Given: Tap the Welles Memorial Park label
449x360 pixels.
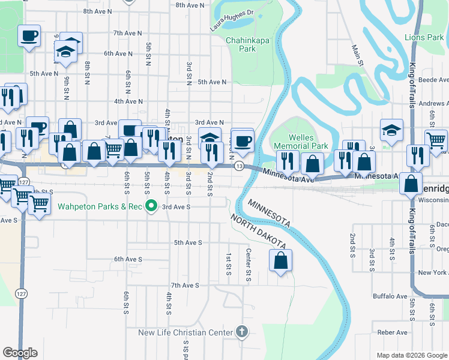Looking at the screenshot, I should click(x=301, y=142).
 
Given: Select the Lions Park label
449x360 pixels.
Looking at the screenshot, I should click(x=424, y=37).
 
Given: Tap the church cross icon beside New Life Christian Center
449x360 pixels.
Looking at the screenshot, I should click(x=241, y=332).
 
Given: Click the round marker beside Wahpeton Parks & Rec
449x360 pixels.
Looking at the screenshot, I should click(x=151, y=207).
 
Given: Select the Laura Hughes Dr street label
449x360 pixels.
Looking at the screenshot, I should click(x=232, y=20).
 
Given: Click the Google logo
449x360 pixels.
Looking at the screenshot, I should click(x=20, y=353).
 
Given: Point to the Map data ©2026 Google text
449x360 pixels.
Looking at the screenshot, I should click(x=411, y=355).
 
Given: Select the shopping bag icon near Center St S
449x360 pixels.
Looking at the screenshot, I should click(x=280, y=261).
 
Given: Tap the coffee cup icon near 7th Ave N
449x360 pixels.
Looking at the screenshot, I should click(x=29, y=36).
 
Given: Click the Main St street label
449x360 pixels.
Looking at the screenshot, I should click(x=358, y=55).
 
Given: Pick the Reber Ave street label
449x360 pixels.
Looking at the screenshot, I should click(x=392, y=332).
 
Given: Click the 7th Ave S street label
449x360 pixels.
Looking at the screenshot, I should click(x=185, y=285).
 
